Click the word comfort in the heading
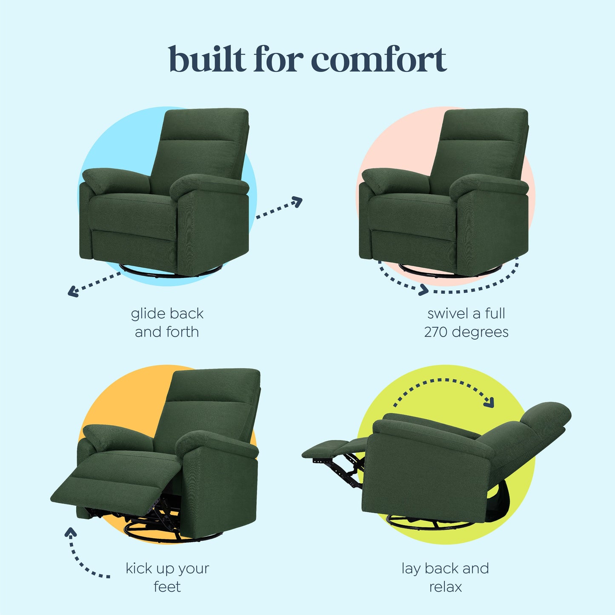coord(379,60)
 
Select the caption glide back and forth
coord(167,323)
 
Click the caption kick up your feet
coord(167,577)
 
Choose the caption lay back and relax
coord(445,577)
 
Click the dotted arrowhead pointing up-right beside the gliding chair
coord(297,201)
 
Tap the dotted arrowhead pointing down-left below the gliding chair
coord(73,292)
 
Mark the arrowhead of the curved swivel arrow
coord(423,290)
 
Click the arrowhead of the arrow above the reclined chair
coord(489,402)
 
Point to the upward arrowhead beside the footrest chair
coord(71,532)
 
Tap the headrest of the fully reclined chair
coord(546,415)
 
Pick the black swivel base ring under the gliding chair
coord(170,272)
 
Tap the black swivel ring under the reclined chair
coord(430,523)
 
